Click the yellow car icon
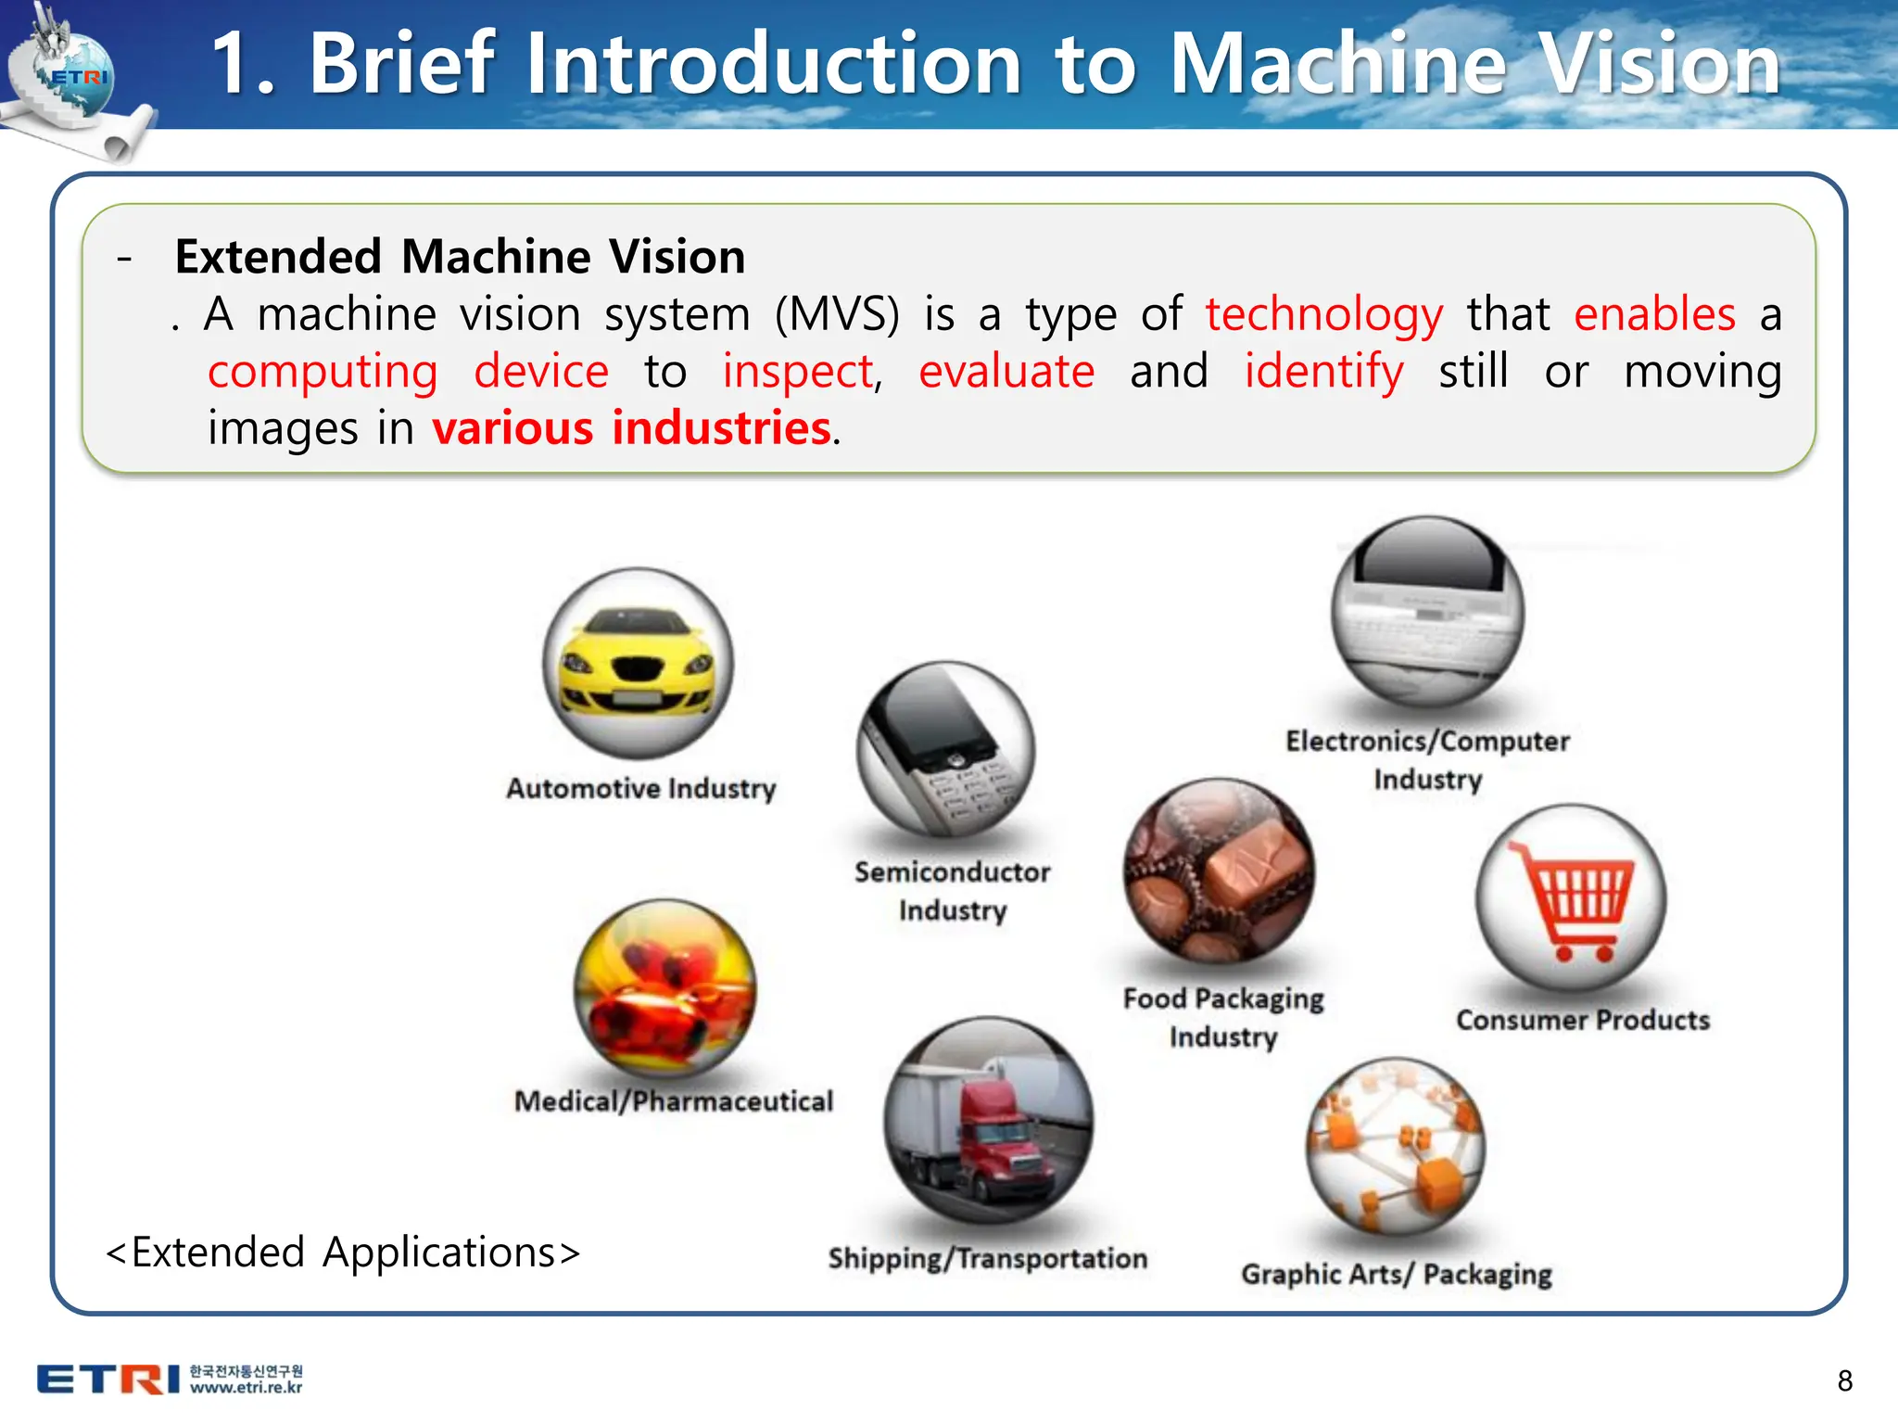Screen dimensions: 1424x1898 638,664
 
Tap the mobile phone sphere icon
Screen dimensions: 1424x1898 945,749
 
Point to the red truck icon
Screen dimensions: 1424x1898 988,1122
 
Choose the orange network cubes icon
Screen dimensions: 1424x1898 1396,1146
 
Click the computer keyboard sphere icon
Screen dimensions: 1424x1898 1427,612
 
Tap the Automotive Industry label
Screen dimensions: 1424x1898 640,788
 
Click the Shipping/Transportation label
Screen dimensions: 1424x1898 988,1258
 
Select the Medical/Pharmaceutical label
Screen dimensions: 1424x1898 674,1100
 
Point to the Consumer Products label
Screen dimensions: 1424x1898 1583,1020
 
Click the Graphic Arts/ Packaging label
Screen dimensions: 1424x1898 1397,1274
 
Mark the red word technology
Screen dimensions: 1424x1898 1323,315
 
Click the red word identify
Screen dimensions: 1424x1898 1323,373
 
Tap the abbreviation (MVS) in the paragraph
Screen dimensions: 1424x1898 837,315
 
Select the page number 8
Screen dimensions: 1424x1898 1844,1380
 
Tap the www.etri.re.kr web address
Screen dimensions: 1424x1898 247,1388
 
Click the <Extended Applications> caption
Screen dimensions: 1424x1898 343,1252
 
